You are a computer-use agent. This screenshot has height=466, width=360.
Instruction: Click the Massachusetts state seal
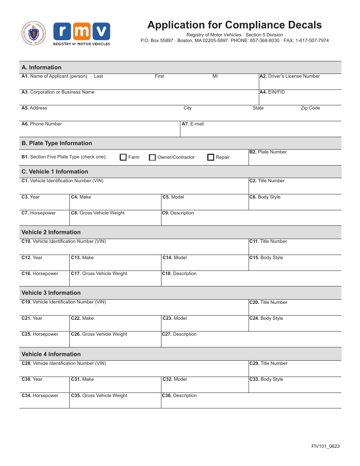click(x=34, y=33)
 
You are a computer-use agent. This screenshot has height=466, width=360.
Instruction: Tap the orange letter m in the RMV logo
click(x=82, y=32)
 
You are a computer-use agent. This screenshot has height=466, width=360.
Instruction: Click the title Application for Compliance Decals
click(x=234, y=25)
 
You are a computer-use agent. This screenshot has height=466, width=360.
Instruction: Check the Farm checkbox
click(x=123, y=157)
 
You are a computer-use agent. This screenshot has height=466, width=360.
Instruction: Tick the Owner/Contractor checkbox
click(x=152, y=158)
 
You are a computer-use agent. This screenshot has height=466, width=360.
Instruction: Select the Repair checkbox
click(x=211, y=157)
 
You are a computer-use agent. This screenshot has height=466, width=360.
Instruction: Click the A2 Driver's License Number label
click(x=290, y=76)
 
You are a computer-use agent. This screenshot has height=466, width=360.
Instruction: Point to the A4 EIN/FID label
click(x=272, y=92)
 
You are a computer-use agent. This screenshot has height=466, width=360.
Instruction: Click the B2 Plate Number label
click(x=268, y=152)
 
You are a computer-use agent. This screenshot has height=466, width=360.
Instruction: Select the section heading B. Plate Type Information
click(x=57, y=143)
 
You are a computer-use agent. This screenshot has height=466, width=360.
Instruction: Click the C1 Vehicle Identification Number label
click(x=63, y=181)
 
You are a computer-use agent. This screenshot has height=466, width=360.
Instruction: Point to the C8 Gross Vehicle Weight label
click(x=98, y=213)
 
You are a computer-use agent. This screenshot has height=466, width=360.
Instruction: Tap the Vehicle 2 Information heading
click(x=51, y=232)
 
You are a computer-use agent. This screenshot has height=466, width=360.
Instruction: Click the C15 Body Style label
click(x=266, y=258)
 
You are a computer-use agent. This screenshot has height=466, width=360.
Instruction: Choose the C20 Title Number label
click(x=268, y=302)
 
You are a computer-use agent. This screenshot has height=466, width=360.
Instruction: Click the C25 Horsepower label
click(x=40, y=334)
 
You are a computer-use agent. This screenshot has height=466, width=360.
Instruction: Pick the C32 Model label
click(x=175, y=379)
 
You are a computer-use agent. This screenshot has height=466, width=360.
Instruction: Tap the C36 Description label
click(x=179, y=396)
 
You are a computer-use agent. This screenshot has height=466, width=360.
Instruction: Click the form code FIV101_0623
click(x=326, y=446)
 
